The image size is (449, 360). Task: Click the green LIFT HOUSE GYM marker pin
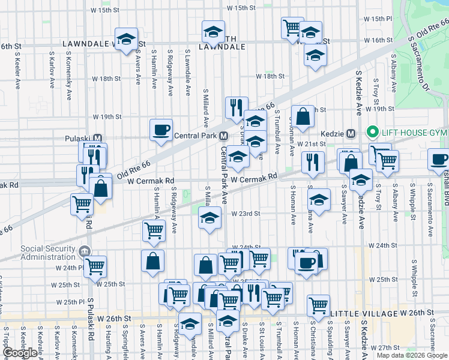pyautogui.click(x=372, y=133)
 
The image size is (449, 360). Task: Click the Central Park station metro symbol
pyautogui.click(x=223, y=136)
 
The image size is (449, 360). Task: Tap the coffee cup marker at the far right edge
pyautogui.click(x=439, y=160)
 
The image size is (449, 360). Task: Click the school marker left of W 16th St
pyautogui.click(x=126, y=39)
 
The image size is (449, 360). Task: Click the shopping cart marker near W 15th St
pyautogui.click(x=292, y=27)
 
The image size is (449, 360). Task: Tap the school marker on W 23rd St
pyautogui.click(x=210, y=218)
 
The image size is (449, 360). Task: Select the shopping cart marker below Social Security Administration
pyautogui.click(x=95, y=266)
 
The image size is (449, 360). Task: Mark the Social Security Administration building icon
pyautogui.click(x=85, y=250)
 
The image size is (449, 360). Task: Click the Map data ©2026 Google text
pyautogui.click(x=412, y=355)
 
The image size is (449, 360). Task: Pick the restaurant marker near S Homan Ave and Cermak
pyautogui.click(x=313, y=161)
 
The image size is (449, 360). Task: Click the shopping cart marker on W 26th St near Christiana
pyautogui.click(x=318, y=305)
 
